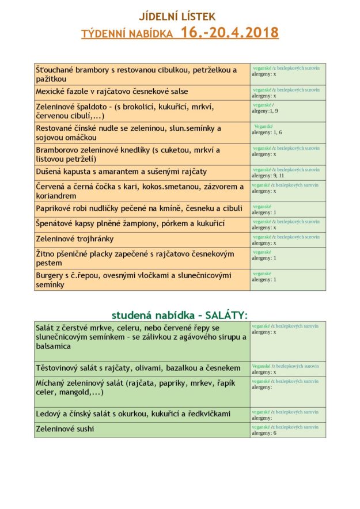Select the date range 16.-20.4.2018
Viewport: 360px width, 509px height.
(x=229, y=33)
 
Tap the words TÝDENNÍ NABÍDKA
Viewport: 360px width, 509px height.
(x=127, y=34)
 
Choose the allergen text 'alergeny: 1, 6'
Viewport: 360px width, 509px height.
(x=267, y=132)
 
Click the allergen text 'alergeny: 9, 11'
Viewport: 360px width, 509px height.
(x=268, y=176)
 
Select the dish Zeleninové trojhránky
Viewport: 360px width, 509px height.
(x=75, y=239)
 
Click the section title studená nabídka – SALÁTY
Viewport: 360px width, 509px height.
(x=179, y=314)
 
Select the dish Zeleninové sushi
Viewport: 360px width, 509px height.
(x=65, y=429)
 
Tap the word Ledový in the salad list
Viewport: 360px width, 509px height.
(x=50, y=413)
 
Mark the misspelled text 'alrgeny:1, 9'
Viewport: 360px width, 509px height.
(x=265, y=111)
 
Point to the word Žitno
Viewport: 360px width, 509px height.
(x=47, y=253)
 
